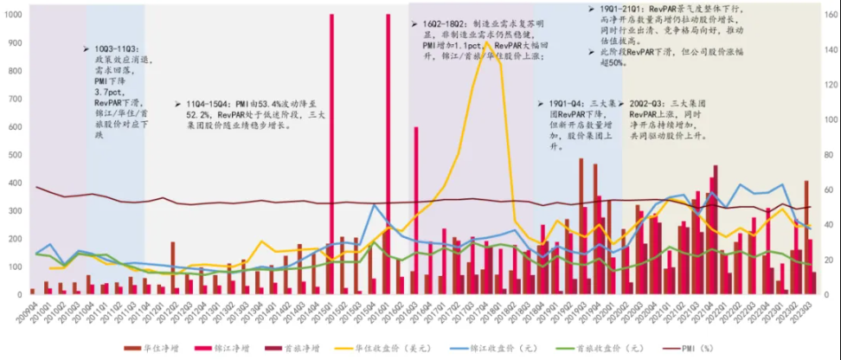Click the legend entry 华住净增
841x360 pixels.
coord(156,349)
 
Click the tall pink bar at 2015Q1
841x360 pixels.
coord(332,130)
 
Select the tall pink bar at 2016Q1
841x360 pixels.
coord(388,130)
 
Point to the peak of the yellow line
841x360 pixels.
coord(487,42)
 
